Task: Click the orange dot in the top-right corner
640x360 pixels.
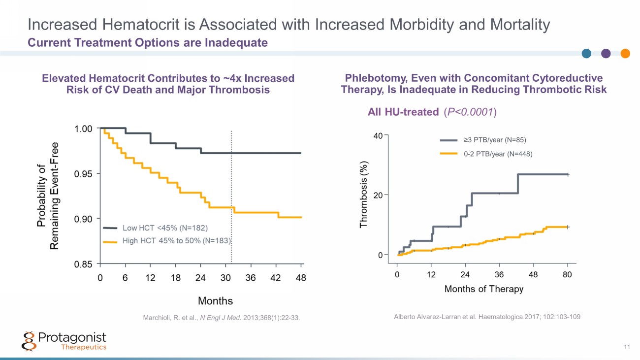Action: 625,54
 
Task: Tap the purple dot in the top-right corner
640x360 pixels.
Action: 606,54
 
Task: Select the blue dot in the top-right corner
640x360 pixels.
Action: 587,54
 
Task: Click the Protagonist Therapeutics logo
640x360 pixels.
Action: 64,340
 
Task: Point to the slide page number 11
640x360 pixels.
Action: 627,348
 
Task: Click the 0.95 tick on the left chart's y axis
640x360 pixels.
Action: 83,173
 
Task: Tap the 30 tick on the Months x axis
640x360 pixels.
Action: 225,278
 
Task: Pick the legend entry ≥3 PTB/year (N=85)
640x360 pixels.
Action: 498,140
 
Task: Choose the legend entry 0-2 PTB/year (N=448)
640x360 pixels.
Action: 499,154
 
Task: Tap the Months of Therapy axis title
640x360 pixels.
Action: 483,289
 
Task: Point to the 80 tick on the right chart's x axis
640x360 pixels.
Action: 567,274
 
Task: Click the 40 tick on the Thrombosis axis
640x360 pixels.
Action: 378,135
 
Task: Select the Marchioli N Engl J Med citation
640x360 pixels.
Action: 221,318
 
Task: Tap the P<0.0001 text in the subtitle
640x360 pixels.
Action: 470,112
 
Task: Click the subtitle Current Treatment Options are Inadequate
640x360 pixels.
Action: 148,43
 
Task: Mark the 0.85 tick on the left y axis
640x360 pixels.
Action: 83,264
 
